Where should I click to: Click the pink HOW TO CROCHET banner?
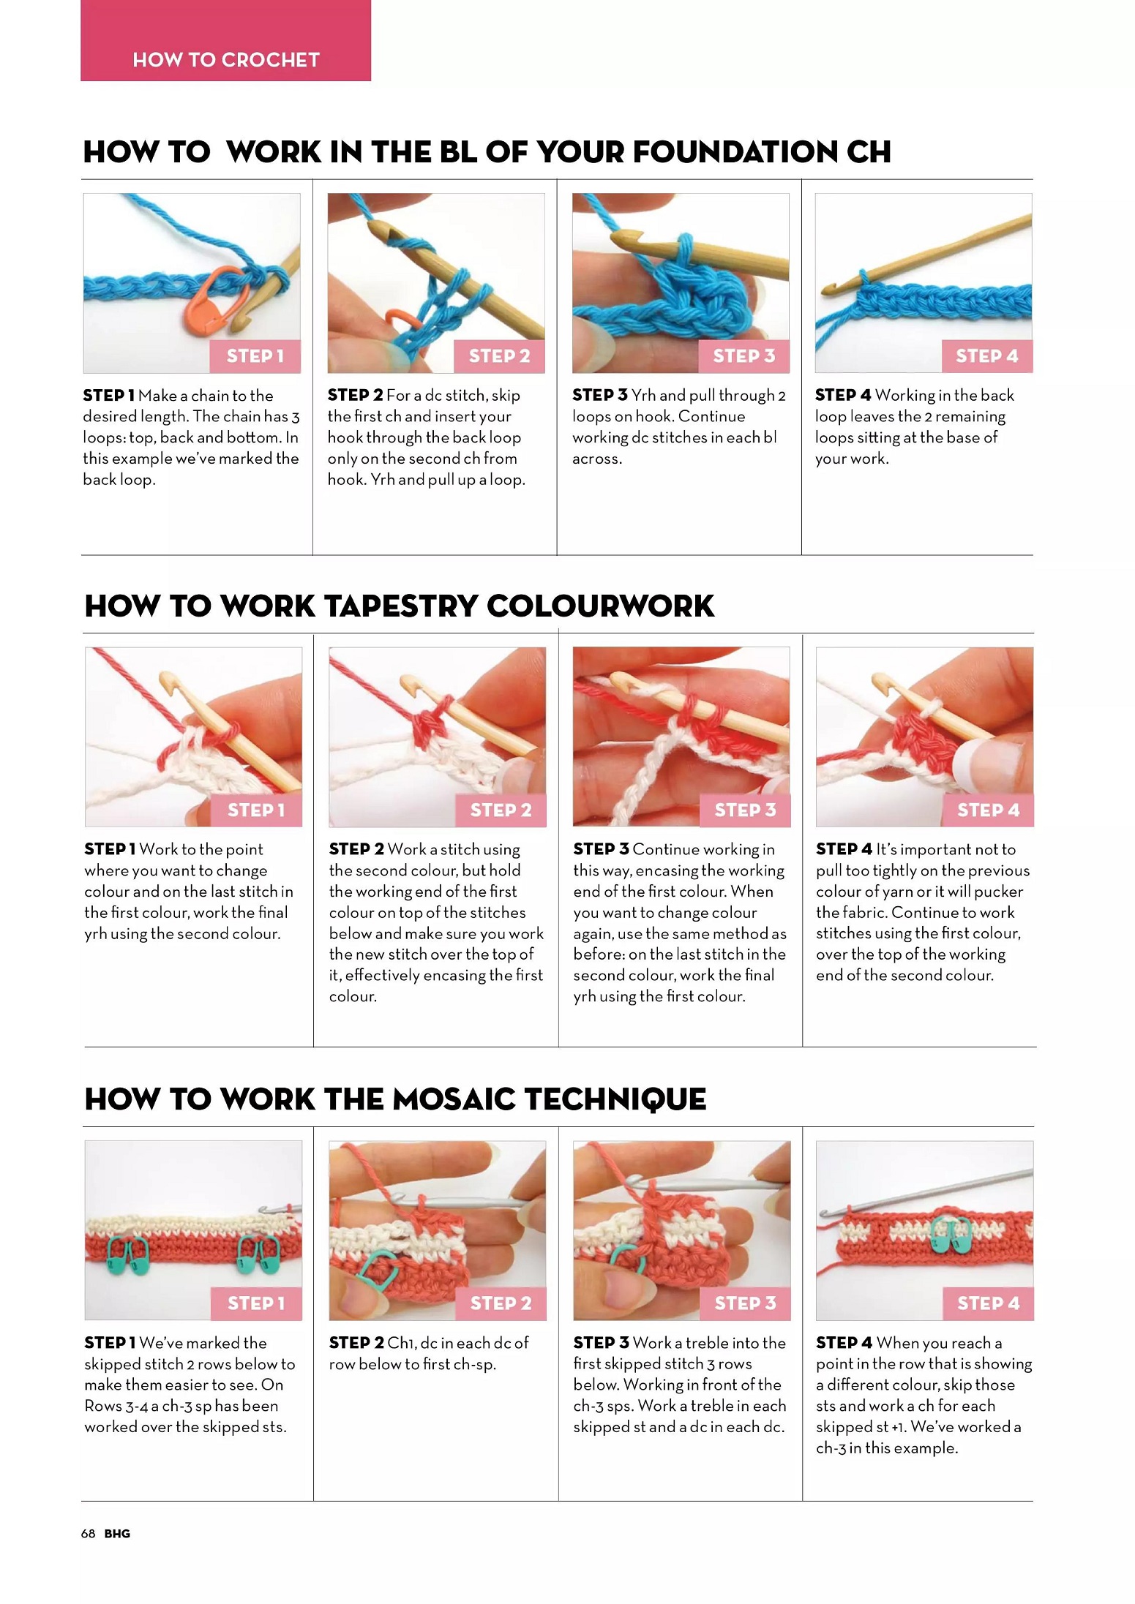(x=225, y=40)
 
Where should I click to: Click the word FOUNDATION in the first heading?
(x=735, y=152)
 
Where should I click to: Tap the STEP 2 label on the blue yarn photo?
(x=500, y=356)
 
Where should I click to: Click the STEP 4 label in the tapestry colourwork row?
(x=989, y=810)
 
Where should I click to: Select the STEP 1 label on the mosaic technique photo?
(x=256, y=1303)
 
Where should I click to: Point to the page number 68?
(x=88, y=1534)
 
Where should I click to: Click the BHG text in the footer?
(x=117, y=1534)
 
